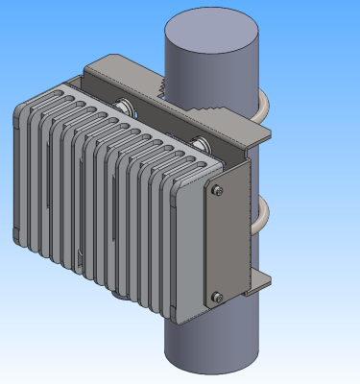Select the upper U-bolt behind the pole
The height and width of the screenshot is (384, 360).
point(260,108)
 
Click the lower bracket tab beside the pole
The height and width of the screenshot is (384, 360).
point(261,284)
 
